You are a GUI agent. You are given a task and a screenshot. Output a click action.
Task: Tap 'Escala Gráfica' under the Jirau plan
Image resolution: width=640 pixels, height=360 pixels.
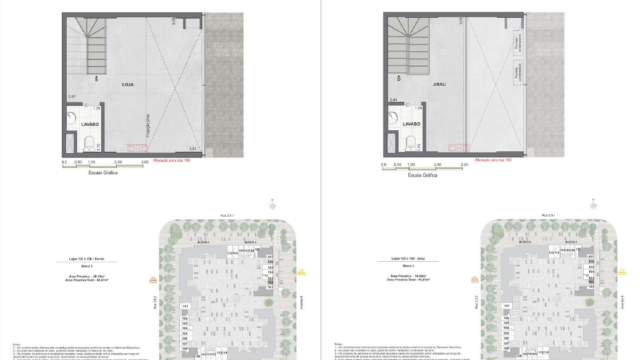click(399, 173)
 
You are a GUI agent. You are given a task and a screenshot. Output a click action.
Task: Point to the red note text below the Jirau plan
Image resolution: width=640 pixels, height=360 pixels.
click(493, 160)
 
